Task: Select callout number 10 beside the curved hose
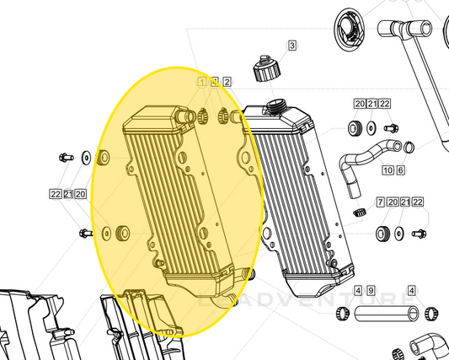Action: click(387, 170)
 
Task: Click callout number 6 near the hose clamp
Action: click(400, 170)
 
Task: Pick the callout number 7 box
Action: click(381, 203)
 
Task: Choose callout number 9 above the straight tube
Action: click(370, 290)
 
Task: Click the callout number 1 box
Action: click(202, 82)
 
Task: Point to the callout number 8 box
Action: click(214, 82)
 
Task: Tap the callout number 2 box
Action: click(226, 82)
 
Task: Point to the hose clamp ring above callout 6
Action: click(409, 147)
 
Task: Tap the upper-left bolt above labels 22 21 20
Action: click(65, 157)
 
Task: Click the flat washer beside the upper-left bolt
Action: click(88, 157)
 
